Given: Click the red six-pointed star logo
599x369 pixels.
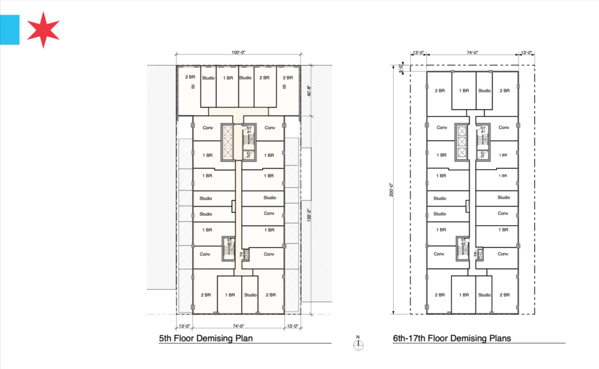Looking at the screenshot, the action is pos(43,30).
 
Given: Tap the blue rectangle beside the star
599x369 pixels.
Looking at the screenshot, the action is pos(9,30).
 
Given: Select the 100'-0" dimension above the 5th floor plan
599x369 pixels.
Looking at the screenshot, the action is pos(238,52).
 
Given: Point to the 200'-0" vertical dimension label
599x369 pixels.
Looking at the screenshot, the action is pos(391,189).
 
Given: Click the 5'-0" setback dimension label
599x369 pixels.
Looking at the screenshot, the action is pos(401,68).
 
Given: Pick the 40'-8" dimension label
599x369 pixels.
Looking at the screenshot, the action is pos(309,91).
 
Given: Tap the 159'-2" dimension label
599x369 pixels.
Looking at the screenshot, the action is pos(309,215).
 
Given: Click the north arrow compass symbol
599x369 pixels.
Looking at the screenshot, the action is pos(358,345).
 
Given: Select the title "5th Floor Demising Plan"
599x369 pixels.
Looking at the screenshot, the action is pos(206,338).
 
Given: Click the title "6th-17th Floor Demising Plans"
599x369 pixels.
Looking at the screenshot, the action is pos(452,338).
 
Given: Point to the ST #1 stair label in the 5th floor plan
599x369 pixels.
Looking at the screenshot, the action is pos(249,130).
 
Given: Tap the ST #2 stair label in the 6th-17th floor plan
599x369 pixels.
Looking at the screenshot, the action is pos(463,242).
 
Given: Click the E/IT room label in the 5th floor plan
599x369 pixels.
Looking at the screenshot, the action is pos(248,155).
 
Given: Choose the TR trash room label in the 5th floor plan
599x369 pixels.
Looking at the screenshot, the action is pos(242,254).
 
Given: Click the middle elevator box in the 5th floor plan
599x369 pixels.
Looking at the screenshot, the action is pos(228,142).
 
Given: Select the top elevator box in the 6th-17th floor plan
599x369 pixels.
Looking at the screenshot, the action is pos(462,132).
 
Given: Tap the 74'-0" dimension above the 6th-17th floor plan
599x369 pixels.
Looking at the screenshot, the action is pos(472,52).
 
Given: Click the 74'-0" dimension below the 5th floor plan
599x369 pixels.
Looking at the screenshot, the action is pos(238,326).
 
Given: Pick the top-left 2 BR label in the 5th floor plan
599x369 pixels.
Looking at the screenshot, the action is pos(190,77).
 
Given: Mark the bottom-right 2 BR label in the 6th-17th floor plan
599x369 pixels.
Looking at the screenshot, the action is pos(505,295).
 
